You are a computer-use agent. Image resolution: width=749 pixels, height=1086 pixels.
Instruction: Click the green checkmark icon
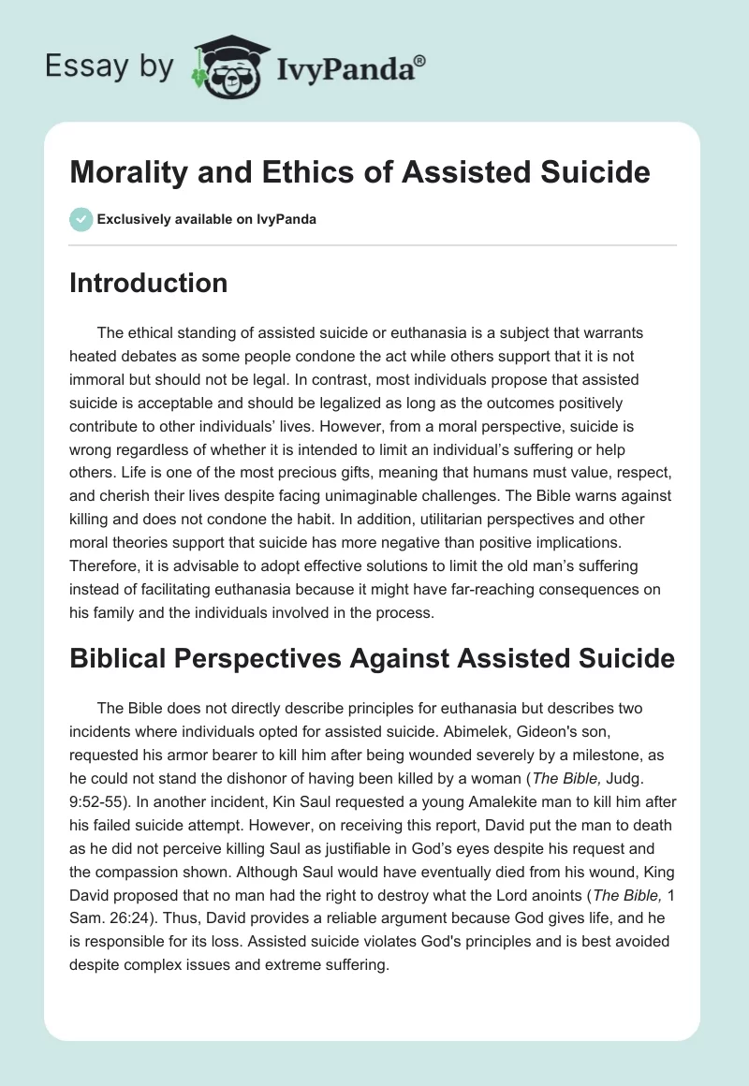pos(81,219)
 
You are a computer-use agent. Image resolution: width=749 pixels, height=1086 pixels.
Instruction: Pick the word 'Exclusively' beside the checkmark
pos(132,219)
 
